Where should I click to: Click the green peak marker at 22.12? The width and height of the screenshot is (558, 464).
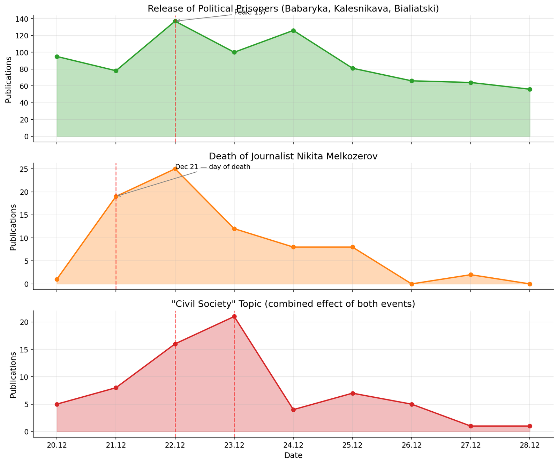(x=175, y=21)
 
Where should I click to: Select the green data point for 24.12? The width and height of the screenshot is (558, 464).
(x=293, y=31)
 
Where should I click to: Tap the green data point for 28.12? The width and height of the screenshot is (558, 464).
(x=530, y=89)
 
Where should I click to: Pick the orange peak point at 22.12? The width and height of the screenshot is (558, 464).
(x=175, y=169)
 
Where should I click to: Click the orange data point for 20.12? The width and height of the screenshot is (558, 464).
(x=57, y=279)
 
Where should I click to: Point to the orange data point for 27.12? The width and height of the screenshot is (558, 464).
(x=471, y=275)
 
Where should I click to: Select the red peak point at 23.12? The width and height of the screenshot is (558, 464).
(x=234, y=316)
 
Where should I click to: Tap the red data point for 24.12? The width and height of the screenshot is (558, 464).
(x=293, y=410)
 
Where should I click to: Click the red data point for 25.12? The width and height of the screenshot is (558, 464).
(x=353, y=393)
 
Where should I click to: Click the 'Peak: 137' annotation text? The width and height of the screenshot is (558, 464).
(x=250, y=13)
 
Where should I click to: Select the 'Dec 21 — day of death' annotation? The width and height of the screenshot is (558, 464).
(x=213, y=167)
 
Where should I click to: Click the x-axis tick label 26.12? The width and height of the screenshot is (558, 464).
(x=412, y=446)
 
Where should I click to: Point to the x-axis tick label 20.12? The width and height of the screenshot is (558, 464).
(x=57, y=446)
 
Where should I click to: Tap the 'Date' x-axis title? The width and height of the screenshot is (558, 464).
(x=293, y=455)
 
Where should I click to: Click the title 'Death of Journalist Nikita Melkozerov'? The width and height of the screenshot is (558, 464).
(x=293, y=156)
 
